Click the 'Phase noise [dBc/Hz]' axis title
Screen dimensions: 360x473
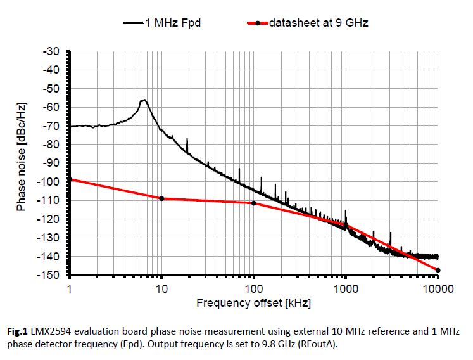tap(22, 163)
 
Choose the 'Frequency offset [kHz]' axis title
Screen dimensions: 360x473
tap(253, 303)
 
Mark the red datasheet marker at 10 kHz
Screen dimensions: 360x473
tap(161, 198)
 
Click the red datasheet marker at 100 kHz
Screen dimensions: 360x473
tap(254, 203)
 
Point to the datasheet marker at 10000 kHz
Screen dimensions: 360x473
tap(438, 271)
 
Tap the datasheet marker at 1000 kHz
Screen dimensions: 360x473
tap(346, 225)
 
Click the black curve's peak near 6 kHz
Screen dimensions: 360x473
tap(144, 100)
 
